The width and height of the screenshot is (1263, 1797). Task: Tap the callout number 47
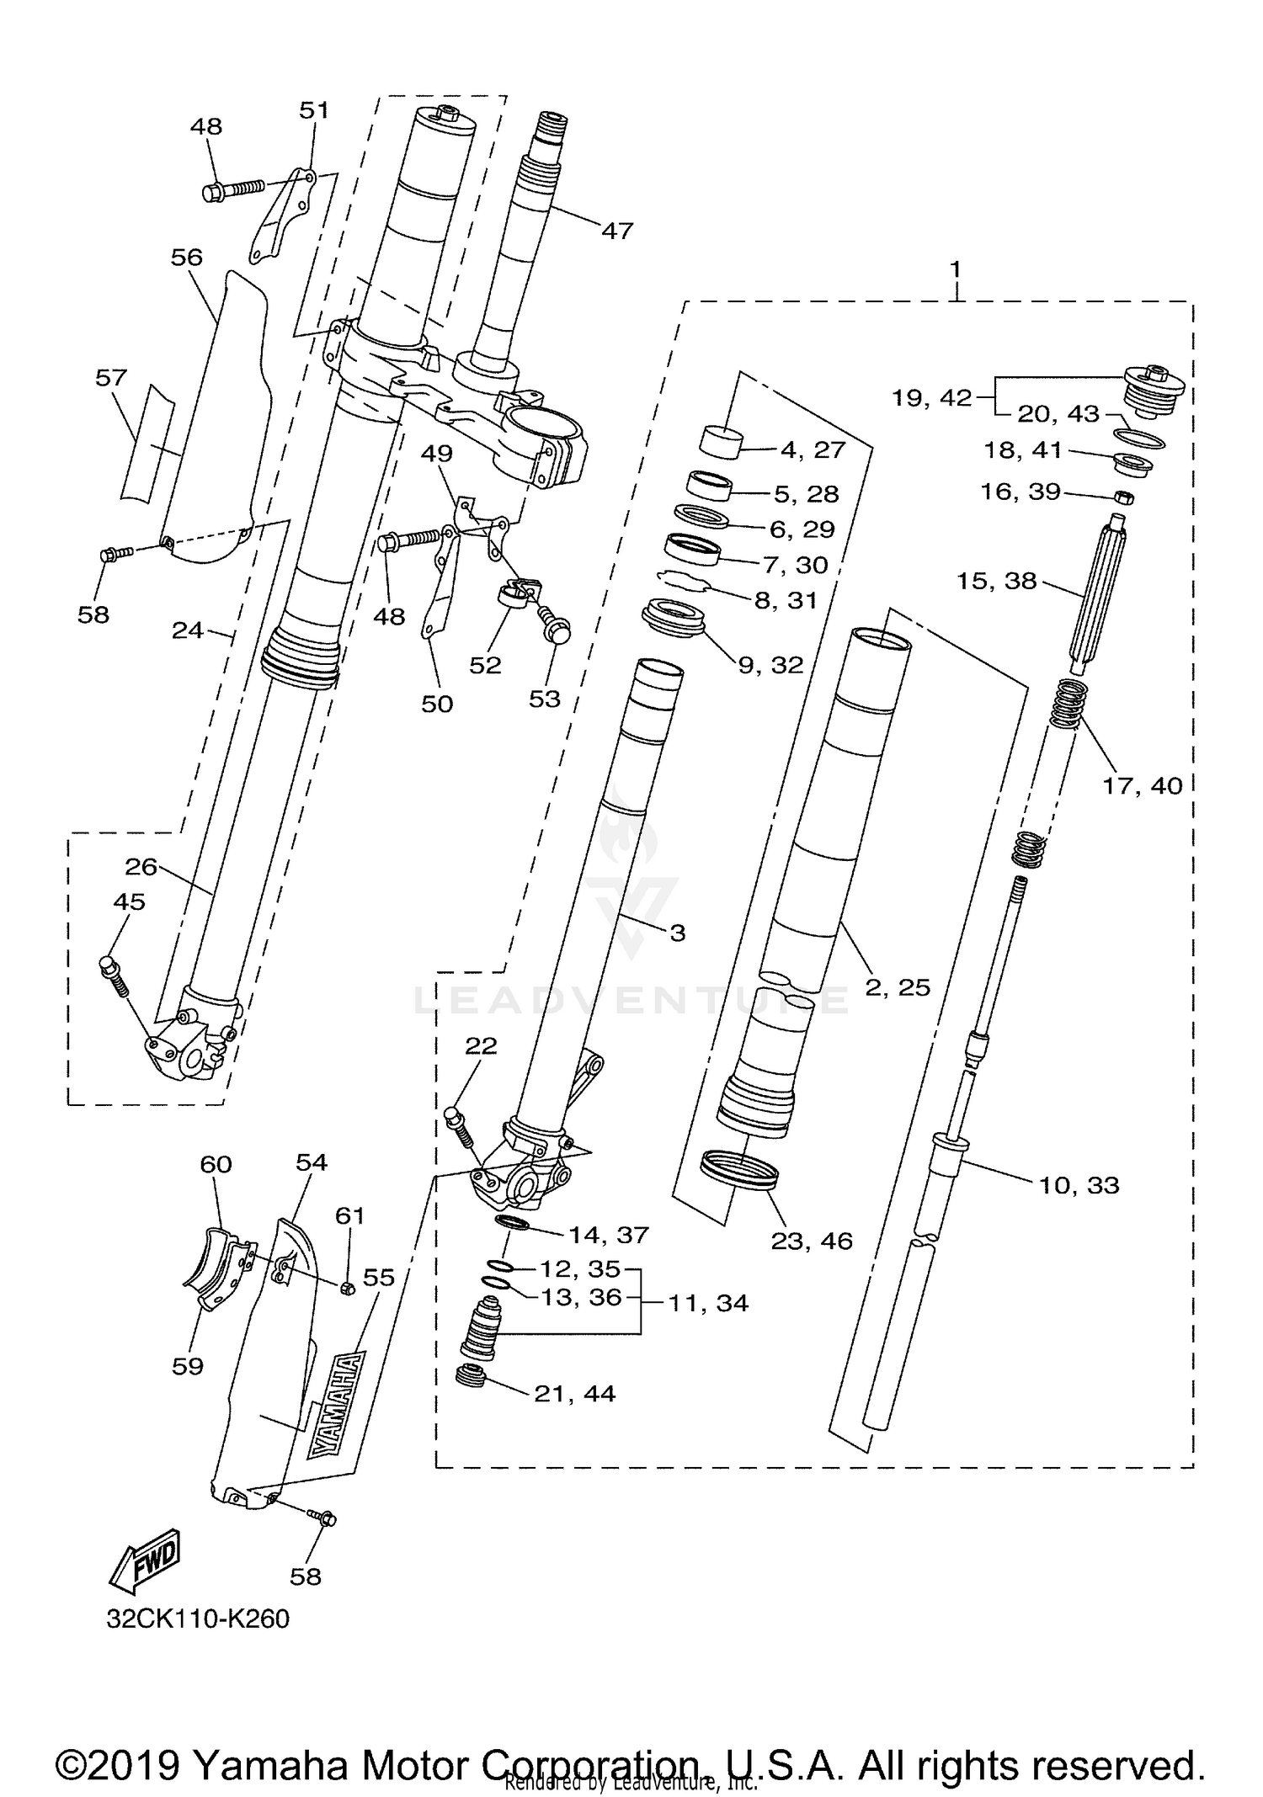tap(616, 230)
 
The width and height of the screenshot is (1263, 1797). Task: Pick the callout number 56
tap(186, 257)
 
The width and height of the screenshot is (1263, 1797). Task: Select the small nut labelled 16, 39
tap(1122, 497)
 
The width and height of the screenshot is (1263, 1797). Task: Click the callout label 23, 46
tap(812, 1241)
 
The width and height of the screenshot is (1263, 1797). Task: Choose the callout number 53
tap(544, 699)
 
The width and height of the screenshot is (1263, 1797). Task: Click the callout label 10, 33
tap(1079, 1185)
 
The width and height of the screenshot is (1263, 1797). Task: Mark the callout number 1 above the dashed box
tap(955, 270)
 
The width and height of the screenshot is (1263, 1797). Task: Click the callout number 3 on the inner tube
tap(677, 933)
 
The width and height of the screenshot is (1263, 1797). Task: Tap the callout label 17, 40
tap(1142, 785)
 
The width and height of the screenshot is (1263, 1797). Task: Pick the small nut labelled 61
tap(346, 1287)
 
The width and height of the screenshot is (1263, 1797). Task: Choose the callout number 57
tap(110, 378)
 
